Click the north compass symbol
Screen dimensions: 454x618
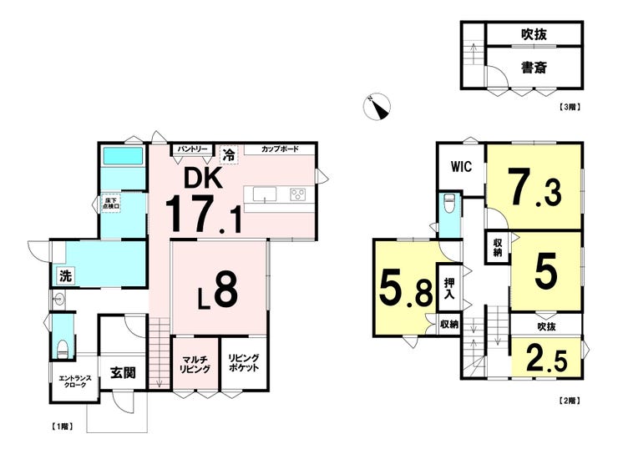click(x=379, y=106)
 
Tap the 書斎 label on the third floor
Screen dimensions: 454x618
click(x=534, y=67)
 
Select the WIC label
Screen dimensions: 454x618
click(x=462, y=166)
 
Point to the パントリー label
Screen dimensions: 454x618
click(x=190, y=149)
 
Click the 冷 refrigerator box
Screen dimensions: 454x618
click(x=227, y=154)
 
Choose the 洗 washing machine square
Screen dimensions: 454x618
click(x=63, y=275)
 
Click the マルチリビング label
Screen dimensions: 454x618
click(x=195, y=364)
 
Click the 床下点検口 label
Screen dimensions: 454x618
click(x=112, y=202)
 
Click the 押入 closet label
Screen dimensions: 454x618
click(x=449, y=289)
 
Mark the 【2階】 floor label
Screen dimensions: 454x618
click(x=569, y=401)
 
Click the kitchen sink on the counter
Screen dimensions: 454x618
click(x=264, y=195)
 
